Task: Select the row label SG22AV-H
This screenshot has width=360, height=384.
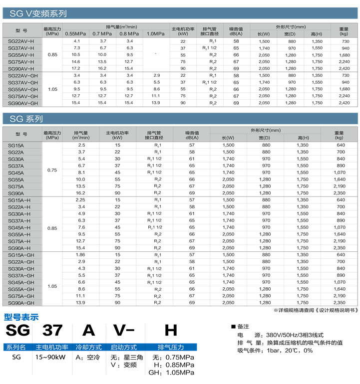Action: click(x=21, y=41)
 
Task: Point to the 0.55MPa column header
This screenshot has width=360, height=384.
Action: click(x=76, y=33)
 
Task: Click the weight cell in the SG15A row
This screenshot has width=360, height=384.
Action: click(x=339, y=145)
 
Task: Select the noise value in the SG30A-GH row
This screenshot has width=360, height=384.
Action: click(x=192, y=268)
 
